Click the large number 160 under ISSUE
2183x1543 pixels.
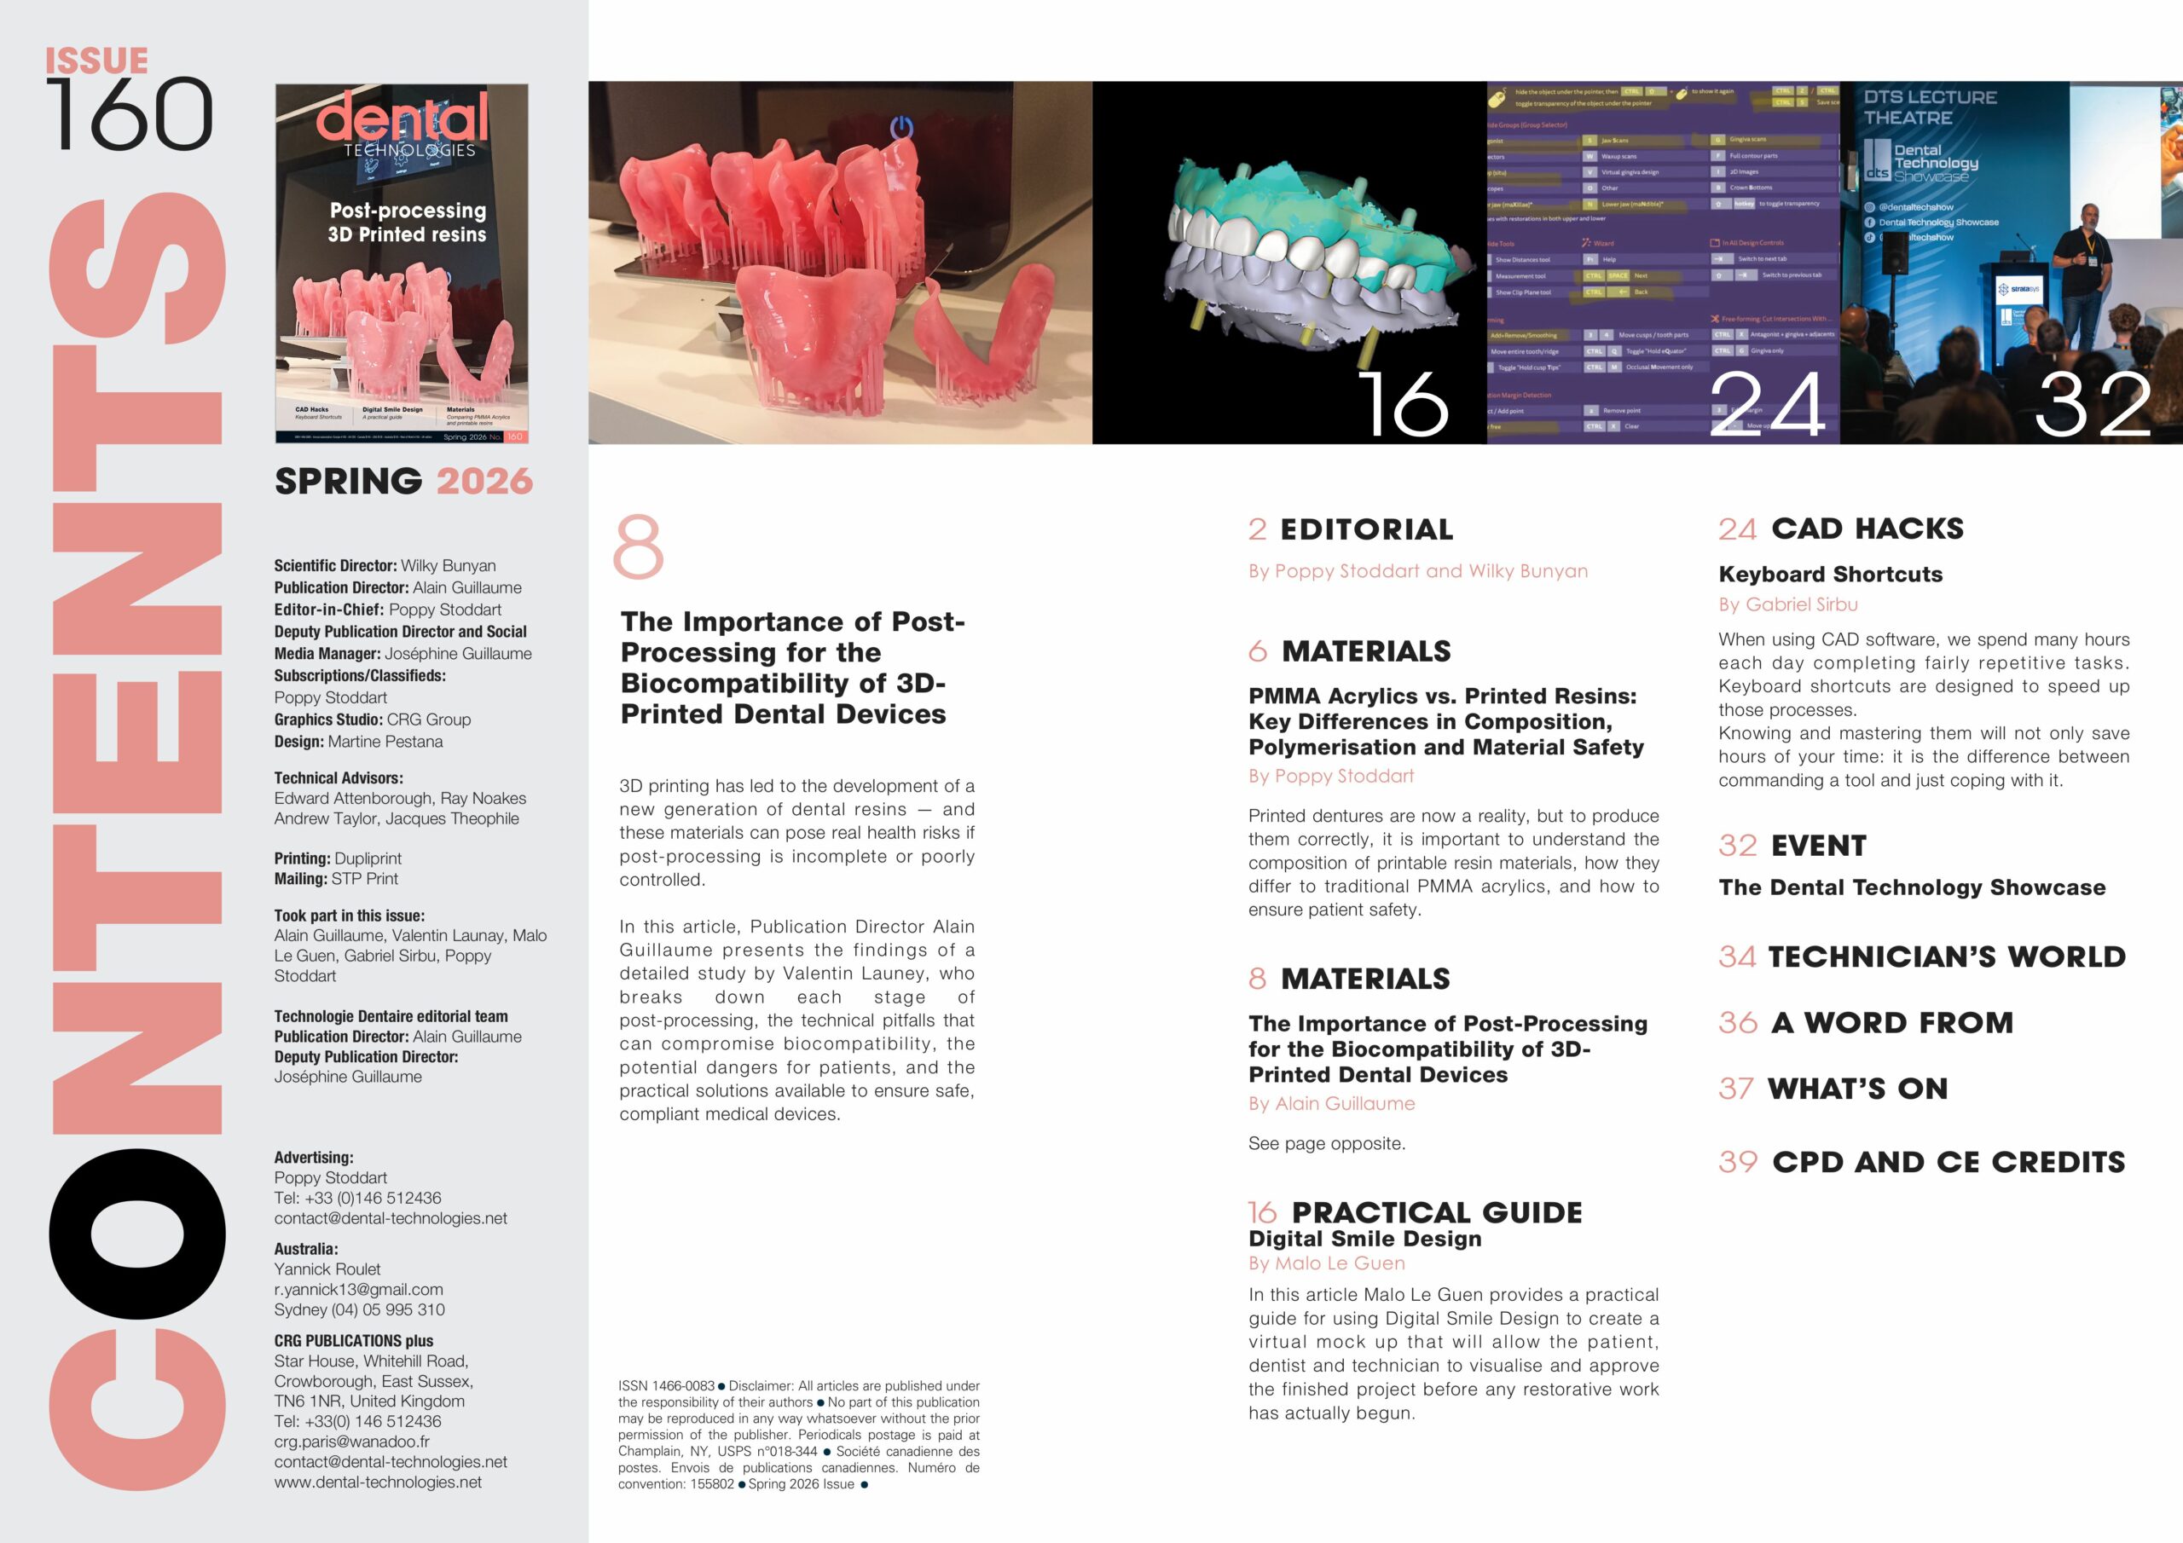point(130,115)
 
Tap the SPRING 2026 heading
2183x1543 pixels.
point(403,481)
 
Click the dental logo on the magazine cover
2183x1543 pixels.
point(402,118)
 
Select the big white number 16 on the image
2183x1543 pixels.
point(1403,404)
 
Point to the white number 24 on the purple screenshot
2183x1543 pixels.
point(1767,404)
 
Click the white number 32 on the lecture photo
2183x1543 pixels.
point(2093,404)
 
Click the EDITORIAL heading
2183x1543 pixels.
point(1365,529)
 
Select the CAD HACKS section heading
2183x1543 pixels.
point(1867,529)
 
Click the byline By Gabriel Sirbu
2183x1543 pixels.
point(1787,604)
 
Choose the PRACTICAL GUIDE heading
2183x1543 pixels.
point(1436,1212)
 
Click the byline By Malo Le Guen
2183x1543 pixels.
point(1326,1263)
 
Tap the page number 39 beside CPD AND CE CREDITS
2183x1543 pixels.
point(1738,1162)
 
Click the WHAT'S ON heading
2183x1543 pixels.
point(1857,1089)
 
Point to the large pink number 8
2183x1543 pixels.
point(638,546)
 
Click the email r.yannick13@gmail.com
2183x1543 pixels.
point(358,1289)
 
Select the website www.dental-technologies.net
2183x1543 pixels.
point(378,1482)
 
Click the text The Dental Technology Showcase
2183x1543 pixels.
point(1911,887)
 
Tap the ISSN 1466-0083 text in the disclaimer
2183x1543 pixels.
point(665,1386)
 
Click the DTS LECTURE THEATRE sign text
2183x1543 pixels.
point(1929,107)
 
